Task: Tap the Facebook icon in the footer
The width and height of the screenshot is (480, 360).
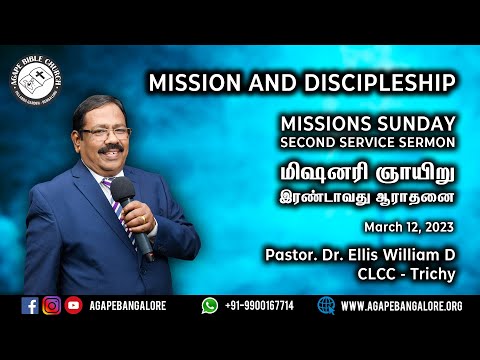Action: pos(29,306)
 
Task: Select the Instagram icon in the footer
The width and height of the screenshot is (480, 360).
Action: pos(51,306)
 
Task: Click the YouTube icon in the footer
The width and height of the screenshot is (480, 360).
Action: pos(73,306)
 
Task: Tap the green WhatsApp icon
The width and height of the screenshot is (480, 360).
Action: pos(209,306)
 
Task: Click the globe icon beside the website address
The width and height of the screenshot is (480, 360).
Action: pos(327,306)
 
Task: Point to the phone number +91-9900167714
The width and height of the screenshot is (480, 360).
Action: pos(261,306)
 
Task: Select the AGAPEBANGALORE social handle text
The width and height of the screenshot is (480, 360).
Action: pos(127,306)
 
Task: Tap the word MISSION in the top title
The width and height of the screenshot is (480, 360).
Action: pos(193,82)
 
